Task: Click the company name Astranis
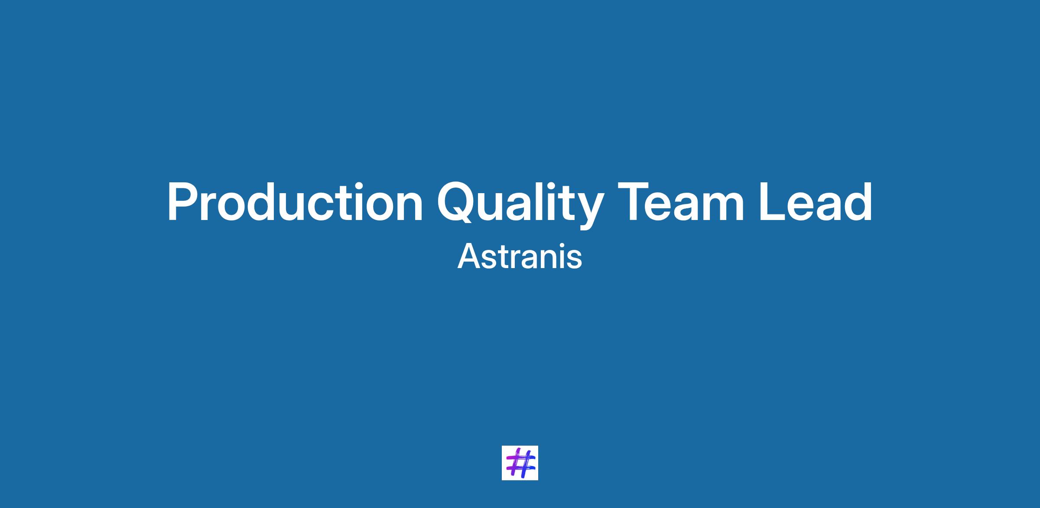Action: (520, 256)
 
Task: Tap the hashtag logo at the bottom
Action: (520, 463)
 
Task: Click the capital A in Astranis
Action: (469, 256)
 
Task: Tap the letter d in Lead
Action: (858, 202)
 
